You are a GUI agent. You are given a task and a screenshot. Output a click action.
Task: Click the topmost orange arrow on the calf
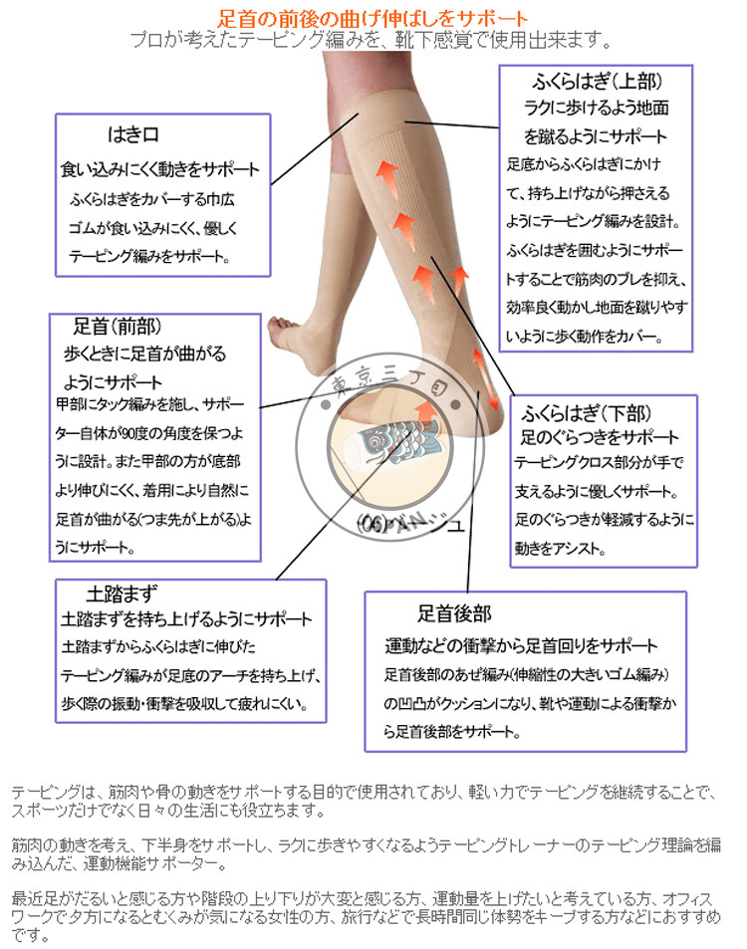point(386,176)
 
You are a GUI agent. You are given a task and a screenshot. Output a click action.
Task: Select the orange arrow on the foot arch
point(423,411)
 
